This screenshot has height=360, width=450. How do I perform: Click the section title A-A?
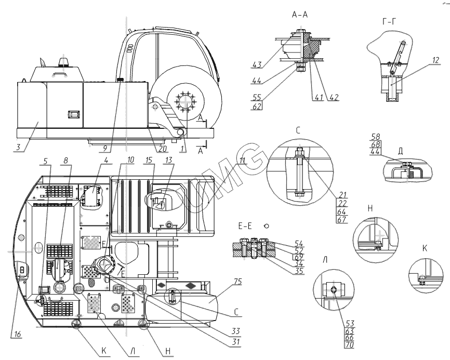(300, 15)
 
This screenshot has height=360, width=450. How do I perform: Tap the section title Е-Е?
(245, 226)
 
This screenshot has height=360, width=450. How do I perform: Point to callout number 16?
(18, 335)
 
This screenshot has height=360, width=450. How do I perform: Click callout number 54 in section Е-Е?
(299, 243)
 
